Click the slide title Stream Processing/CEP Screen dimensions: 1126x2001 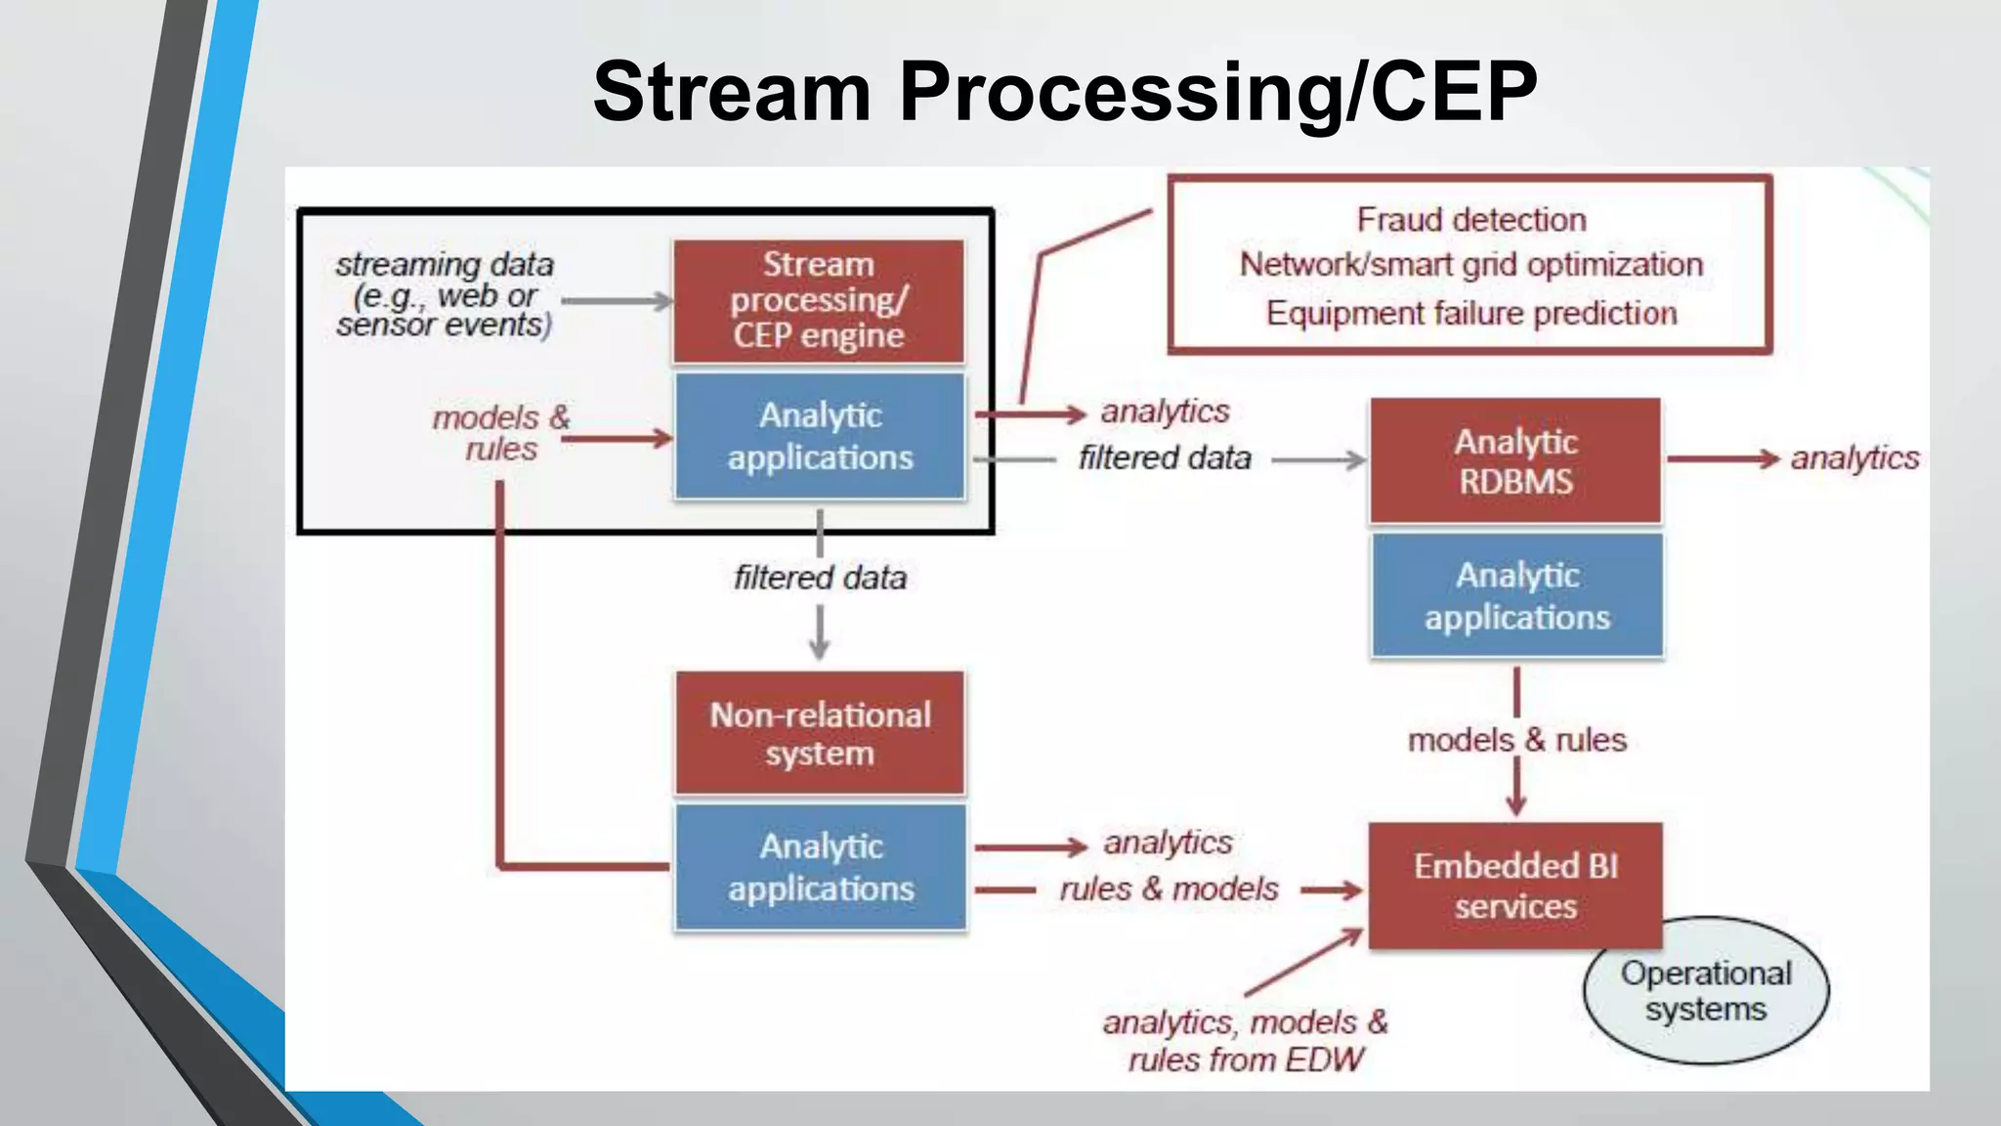(1065, 91)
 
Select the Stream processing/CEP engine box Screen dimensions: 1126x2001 (819, 301)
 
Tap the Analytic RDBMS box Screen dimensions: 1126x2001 (1515, 460)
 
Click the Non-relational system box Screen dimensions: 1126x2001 (820, 733)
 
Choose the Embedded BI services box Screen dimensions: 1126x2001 (1515, 886)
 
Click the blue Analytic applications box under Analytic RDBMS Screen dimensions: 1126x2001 (1517, 595)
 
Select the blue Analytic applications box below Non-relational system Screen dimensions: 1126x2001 (821, 867)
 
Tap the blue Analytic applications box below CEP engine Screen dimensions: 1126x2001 (820, 436)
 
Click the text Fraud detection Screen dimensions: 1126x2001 (1470, 220)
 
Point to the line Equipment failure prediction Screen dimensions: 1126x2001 (1470, 313)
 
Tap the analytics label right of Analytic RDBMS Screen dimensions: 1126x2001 (1853, 457)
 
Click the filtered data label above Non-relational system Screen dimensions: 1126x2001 (820, 578)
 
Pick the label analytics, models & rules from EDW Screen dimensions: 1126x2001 (1246, 1041)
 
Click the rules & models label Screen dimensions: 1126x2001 (1169, 888)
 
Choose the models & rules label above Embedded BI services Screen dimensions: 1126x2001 (1516, 740)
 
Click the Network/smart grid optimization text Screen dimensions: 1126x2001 (1470, 265)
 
